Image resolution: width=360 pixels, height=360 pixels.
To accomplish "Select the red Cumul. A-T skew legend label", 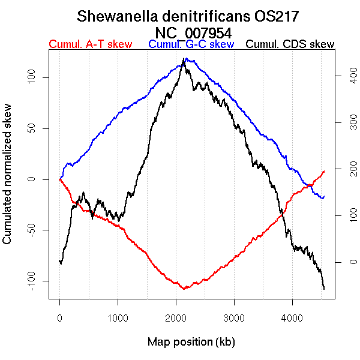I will pos(90,44).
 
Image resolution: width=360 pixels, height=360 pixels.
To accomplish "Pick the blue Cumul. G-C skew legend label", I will pos(191,44).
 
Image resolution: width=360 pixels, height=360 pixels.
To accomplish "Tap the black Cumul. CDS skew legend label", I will pos(290,44).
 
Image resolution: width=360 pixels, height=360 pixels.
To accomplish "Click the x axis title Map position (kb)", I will pos(191,342).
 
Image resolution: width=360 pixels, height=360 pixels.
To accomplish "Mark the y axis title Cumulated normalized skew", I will pos(8,179).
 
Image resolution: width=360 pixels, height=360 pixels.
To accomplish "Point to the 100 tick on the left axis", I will pos(37,77).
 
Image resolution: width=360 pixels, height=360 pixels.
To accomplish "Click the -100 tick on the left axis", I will pos(37,281).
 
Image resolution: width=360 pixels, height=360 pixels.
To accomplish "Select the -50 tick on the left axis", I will pos(37,230).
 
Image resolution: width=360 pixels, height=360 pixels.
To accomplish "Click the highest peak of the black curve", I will pos(183,59).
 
